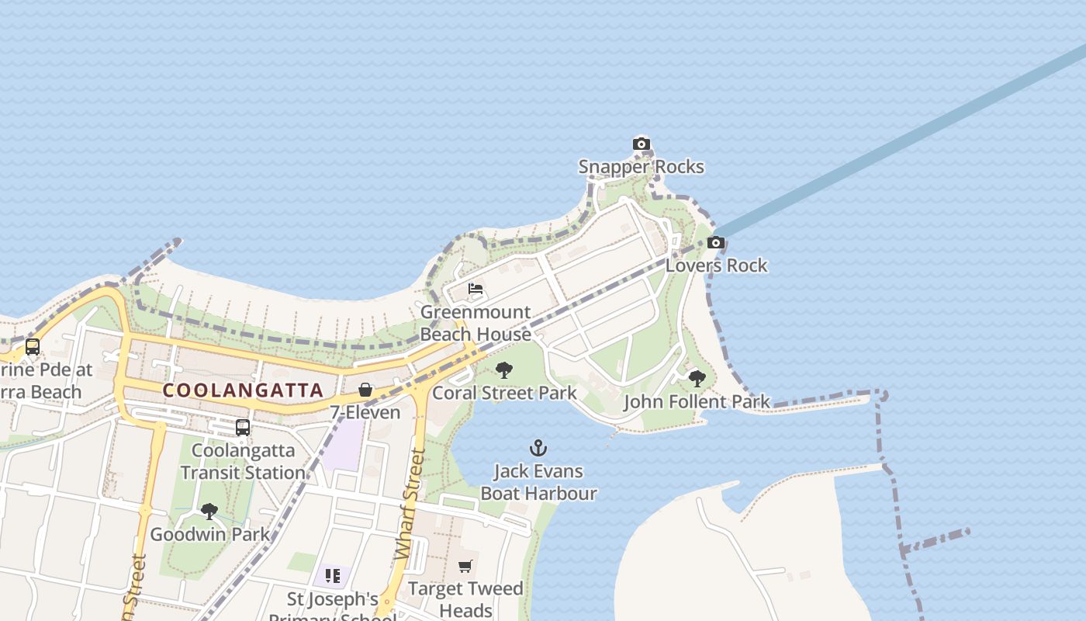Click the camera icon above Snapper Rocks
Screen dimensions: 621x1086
tap(641, 144)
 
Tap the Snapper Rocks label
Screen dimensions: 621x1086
tap(641, 167)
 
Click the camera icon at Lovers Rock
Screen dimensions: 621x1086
tap(716, 243)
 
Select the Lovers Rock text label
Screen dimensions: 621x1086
tap(716, 265)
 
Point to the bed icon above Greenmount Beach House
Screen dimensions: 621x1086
tap(476, 290)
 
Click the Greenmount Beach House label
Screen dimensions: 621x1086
tap(476, 323)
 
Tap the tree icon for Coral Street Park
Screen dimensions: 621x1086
tap(504, 370)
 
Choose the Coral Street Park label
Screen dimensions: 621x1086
tap(504, 393)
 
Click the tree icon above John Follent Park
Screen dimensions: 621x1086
tap(697, 379)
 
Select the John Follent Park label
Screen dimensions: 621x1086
tap(697, 401)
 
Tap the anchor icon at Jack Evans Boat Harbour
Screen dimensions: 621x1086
tap(538, 448)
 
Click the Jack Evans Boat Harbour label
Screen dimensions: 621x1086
tap(538, 482)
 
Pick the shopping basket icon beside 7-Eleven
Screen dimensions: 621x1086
tap(365, 390)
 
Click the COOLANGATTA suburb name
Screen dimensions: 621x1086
tap(243, 390)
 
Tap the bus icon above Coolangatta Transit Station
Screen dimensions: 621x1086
tap(243, 428)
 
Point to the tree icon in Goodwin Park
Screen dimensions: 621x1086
tap(209, 512)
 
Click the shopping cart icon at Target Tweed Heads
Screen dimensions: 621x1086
tap(465, 567)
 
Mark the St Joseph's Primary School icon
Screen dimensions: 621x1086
tap(332, 576)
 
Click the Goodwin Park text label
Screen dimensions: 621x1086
tap(209, 534)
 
